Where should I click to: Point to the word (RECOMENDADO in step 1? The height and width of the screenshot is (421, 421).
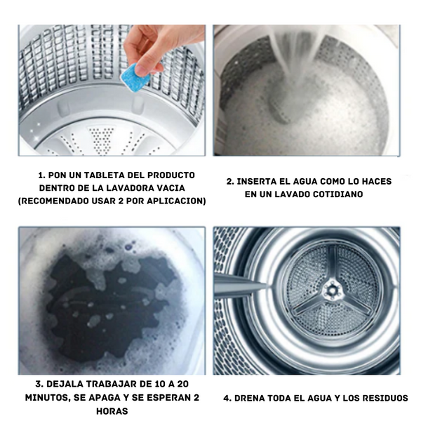tap(51, 201)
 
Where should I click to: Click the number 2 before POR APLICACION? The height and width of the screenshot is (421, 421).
tap(121, 201)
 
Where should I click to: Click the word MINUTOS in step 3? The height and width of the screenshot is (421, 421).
tap(48, 398)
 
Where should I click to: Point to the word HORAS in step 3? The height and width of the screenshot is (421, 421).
tap(112, 410)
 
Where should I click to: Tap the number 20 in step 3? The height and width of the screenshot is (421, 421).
tap(183, 385)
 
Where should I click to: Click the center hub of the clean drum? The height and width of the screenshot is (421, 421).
tap(332, 290)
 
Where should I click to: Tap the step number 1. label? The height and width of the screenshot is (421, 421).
tap(42, 175)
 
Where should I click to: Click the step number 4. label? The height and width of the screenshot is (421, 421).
tap(227, 398)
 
